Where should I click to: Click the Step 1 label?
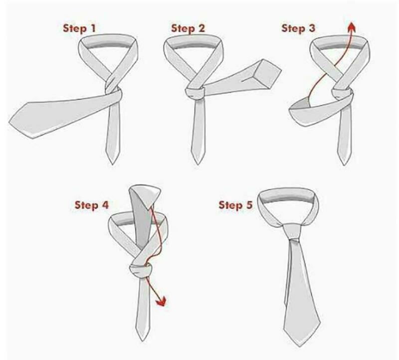point(79,28)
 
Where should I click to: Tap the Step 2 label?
point(188,28)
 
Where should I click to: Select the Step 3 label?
point(298,28)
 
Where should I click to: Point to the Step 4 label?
point(92,205)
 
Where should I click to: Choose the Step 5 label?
point(235,205)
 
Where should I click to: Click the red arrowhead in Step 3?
point(352,26)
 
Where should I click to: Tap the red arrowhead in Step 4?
point(161,301)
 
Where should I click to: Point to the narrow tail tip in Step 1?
point(112,163)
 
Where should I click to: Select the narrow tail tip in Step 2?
point(198,163)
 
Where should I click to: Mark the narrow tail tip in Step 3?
point(345,164)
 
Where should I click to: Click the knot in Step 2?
point(196,93)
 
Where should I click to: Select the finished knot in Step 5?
point(292,231)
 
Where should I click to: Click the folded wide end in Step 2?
point(267,73)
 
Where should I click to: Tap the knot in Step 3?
point(343,95)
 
